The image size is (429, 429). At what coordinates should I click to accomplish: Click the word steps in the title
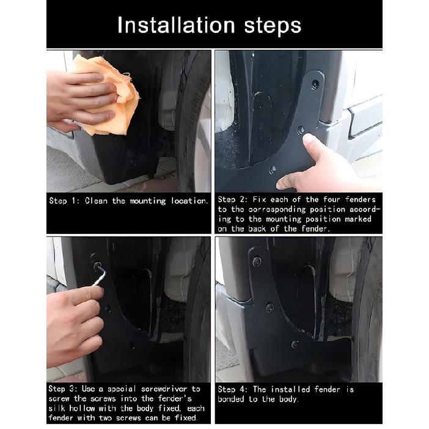point(273,26)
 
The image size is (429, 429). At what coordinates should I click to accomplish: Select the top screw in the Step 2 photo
point(315,84)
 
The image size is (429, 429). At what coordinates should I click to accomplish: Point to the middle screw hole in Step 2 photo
point(301,130)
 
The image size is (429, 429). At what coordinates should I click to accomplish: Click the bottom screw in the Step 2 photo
point(273,170)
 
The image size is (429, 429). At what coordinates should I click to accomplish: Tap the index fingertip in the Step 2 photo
point(309,139)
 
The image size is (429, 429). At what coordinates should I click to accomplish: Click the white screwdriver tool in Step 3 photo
point(100,276)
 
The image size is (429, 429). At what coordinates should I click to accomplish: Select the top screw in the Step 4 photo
point(256,262)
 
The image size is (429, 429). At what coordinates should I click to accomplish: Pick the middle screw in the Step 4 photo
point(269,307)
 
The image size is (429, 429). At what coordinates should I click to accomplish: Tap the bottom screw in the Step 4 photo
point(295,344)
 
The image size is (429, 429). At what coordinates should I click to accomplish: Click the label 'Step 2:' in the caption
point(233,199)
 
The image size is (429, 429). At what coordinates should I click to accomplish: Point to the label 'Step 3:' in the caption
point(63,389)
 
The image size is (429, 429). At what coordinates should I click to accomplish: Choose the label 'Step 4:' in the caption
point(233,389)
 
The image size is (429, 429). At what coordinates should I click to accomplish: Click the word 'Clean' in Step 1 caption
point(96,201)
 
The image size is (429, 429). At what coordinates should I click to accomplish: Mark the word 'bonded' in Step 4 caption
point(230,399)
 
